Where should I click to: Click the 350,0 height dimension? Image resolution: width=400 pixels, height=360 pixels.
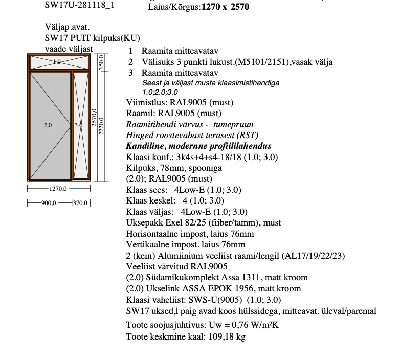pos(101,63)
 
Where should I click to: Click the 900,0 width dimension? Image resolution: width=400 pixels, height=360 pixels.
pos(49,203)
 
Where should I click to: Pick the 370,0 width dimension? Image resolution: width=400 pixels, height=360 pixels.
pos(81,203)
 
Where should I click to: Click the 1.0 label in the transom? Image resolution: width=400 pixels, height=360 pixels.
pos(57,62)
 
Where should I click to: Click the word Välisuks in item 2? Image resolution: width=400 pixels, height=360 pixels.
pos(157,62)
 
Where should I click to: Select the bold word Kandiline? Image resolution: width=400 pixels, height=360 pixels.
pos(145,146)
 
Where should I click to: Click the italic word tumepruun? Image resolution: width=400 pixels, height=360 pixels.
pos(233,124)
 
